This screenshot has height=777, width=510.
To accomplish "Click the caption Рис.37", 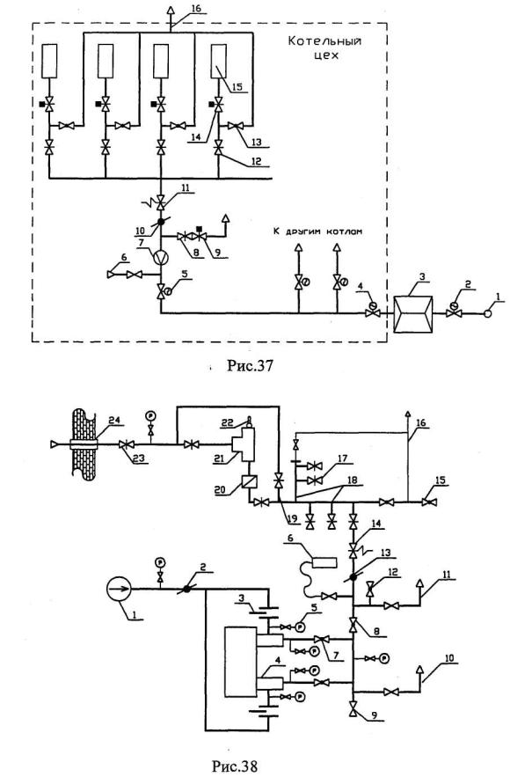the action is pyautogui.click(x=251, y=366).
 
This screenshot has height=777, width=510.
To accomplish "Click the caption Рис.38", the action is pyautogui.click(x=235, y=766).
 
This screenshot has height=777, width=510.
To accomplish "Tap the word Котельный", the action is pyautogui.click(x=324, y=41).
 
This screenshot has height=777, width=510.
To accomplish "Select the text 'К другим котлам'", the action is pyautogui.click(x=317, y=231).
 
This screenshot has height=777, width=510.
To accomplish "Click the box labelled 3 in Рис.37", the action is pyautogui.click(x=412, y=313).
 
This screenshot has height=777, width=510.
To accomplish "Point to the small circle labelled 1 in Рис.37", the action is pyautogui.click(x=488, y=313).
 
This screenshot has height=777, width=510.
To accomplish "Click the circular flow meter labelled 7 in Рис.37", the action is pyautogui.click(x=161, y=258).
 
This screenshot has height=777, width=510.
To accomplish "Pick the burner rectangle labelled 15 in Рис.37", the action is pyautogui.click(x=218, y=61).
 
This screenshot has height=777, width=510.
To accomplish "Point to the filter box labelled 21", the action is pyautogui.click(x=245, y=444).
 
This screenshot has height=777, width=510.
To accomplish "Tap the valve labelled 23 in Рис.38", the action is pyautogui.click(x=125, y=445).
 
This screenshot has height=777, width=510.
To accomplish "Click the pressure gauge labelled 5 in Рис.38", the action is pyautogui.click(x=300, y=627).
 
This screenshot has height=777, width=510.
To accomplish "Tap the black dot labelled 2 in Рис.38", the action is pyautogui.click(x=186, y=589).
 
